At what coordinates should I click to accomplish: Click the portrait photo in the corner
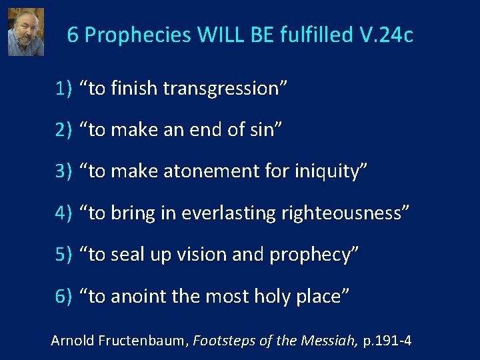click(x=25, y=32)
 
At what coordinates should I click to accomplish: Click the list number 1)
click(x=64, y=89)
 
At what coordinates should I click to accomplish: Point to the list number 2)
click(x=64, y=130)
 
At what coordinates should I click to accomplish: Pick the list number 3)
click(x=64, y=171)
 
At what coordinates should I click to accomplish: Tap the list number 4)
click(x=64, y=213)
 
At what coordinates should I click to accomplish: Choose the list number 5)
click(x=64, y=255)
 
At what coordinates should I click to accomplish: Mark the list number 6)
click(x=64, y=296)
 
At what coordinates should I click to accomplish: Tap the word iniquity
click(x=323, y=171)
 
